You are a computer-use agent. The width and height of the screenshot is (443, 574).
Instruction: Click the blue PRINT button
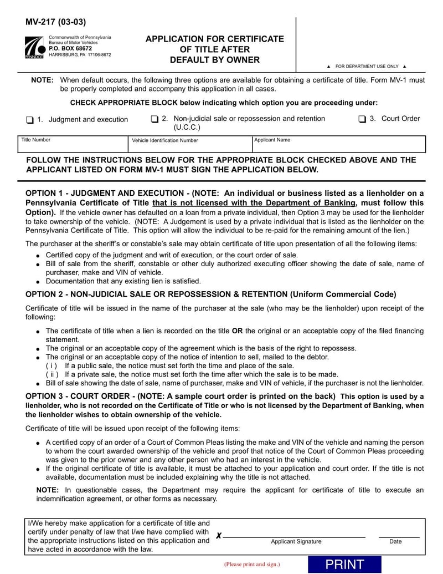click(344, 565)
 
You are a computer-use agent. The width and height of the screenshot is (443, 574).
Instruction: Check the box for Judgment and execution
click(30, 120)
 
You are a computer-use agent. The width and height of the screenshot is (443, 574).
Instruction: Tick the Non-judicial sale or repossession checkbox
click(155, 119)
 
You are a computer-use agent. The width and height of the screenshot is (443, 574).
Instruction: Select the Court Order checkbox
click(362, 119)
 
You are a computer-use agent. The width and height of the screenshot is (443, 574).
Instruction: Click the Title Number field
click(73, 147)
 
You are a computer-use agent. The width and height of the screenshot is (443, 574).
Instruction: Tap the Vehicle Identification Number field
click(190, 147)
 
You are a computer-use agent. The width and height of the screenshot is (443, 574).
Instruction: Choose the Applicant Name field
click(338, 147)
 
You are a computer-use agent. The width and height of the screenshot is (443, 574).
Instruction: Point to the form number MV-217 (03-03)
click(56, 23)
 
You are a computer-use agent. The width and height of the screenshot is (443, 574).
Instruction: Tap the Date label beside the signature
click(395, 542)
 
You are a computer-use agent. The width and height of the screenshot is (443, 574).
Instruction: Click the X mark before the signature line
click(219, 536)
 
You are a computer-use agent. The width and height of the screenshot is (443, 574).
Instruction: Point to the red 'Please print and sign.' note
click(252, 565)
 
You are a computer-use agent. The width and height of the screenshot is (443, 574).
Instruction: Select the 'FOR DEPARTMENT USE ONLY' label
click(367, 67)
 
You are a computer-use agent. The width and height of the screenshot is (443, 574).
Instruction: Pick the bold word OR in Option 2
click(237, 331)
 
